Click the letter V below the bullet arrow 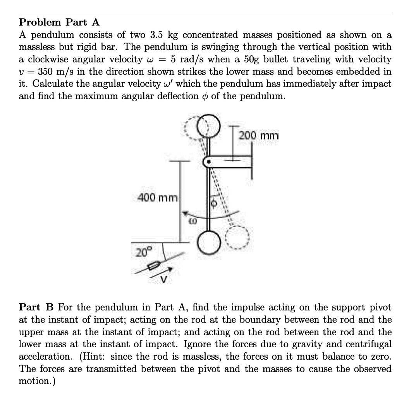coord(164,279)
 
